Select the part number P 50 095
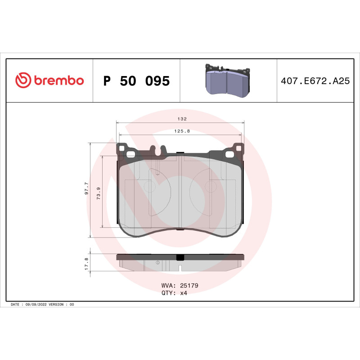click(x=136, y=81)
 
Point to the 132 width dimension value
click(x=182, y=119)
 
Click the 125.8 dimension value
click(x=182, y=131)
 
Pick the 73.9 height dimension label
click(x=98, y=192)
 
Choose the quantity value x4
click(x=183, y=292)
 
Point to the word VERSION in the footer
click(x=57, y=305)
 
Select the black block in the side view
click(x=180, y=257)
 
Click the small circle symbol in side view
click(x=157, y=262)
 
